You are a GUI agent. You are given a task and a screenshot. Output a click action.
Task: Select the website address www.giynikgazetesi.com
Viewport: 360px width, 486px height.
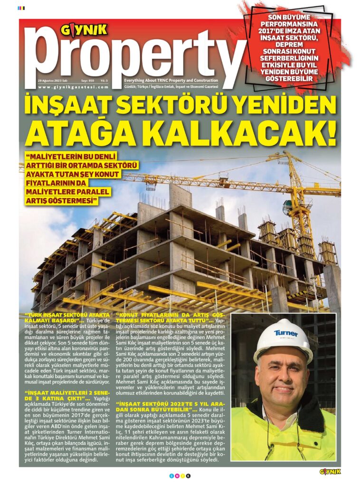tap(73, 87)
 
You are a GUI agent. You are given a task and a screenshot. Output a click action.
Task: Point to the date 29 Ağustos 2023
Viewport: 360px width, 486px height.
tap(52, 81)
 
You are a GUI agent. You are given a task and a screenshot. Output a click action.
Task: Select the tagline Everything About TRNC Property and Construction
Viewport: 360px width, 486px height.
tap(171, 81)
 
